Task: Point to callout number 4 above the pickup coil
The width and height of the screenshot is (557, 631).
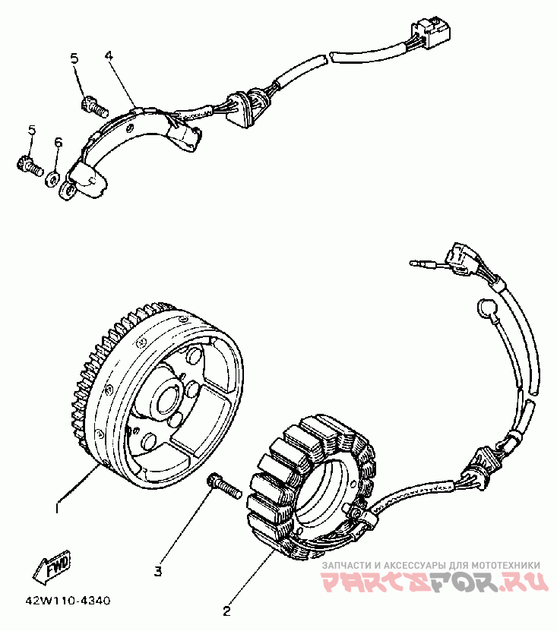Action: (x=109, y=56)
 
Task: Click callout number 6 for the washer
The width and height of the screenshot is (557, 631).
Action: (x=59, y=141)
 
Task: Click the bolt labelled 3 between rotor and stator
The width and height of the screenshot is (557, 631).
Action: (x=223, y=486)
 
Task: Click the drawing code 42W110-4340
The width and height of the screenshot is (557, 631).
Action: (x=68, y=601)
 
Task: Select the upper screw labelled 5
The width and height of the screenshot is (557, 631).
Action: (x=90, y=106)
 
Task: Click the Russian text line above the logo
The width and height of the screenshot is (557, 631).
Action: (x=431, y=566)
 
